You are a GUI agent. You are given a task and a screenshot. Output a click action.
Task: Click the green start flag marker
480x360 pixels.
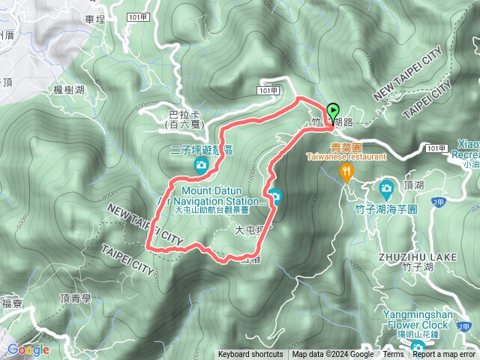tap(333, 112)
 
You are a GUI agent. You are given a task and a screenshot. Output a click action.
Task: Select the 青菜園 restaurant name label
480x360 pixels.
tap(346, 148)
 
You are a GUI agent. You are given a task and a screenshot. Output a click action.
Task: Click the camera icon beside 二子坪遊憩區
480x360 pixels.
tap(201, 165)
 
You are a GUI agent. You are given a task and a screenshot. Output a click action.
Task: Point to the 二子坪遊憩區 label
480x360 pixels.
tap(201, 150)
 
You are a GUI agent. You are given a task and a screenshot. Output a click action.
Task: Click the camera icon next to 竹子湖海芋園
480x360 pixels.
tap(387, 187)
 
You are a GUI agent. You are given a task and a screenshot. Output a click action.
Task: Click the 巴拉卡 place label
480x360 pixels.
tap(184, 115)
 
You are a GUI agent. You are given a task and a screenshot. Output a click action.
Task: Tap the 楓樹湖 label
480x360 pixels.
tap(68, 90)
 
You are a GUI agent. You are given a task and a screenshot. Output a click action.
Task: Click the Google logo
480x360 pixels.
tap(28, 349)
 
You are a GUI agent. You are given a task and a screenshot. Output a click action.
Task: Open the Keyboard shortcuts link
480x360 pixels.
tap(250, 355)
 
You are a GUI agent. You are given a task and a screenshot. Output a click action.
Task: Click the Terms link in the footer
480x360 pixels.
tap(393, 355)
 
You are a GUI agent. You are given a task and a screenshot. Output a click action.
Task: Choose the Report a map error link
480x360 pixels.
tap(444, 355)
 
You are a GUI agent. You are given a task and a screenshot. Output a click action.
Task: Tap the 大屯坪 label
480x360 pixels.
tap(249, 231)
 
